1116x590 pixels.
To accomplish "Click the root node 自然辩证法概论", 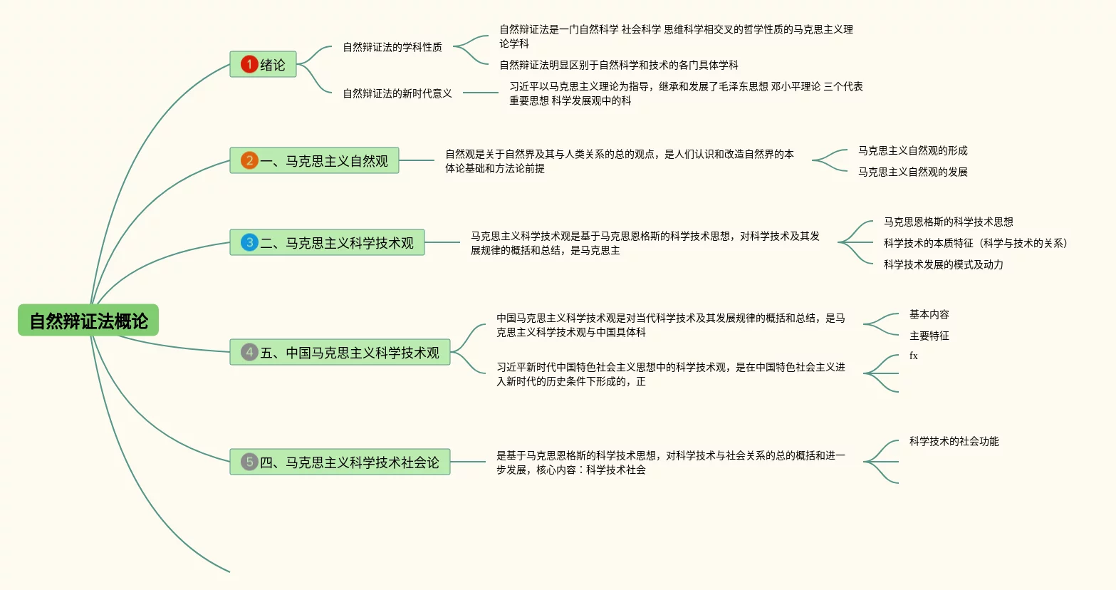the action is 88,321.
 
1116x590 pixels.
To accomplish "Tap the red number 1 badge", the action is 249,64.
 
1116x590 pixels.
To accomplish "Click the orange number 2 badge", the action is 249,160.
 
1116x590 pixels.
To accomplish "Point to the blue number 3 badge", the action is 249,242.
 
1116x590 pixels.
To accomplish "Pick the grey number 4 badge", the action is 249,352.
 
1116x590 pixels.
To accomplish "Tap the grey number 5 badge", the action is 249,462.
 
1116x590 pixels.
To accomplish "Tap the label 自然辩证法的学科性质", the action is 392,47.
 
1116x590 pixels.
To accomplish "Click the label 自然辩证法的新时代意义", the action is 397,93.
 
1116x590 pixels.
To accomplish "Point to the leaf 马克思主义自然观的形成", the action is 912,150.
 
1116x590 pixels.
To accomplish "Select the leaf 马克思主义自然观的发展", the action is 912,172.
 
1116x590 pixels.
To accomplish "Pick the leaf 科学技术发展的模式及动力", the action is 943,264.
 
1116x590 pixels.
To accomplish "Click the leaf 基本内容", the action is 929,314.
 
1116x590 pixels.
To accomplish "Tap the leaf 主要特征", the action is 929,336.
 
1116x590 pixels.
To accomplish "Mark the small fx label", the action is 914,356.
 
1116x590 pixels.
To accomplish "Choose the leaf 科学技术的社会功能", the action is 954,441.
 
